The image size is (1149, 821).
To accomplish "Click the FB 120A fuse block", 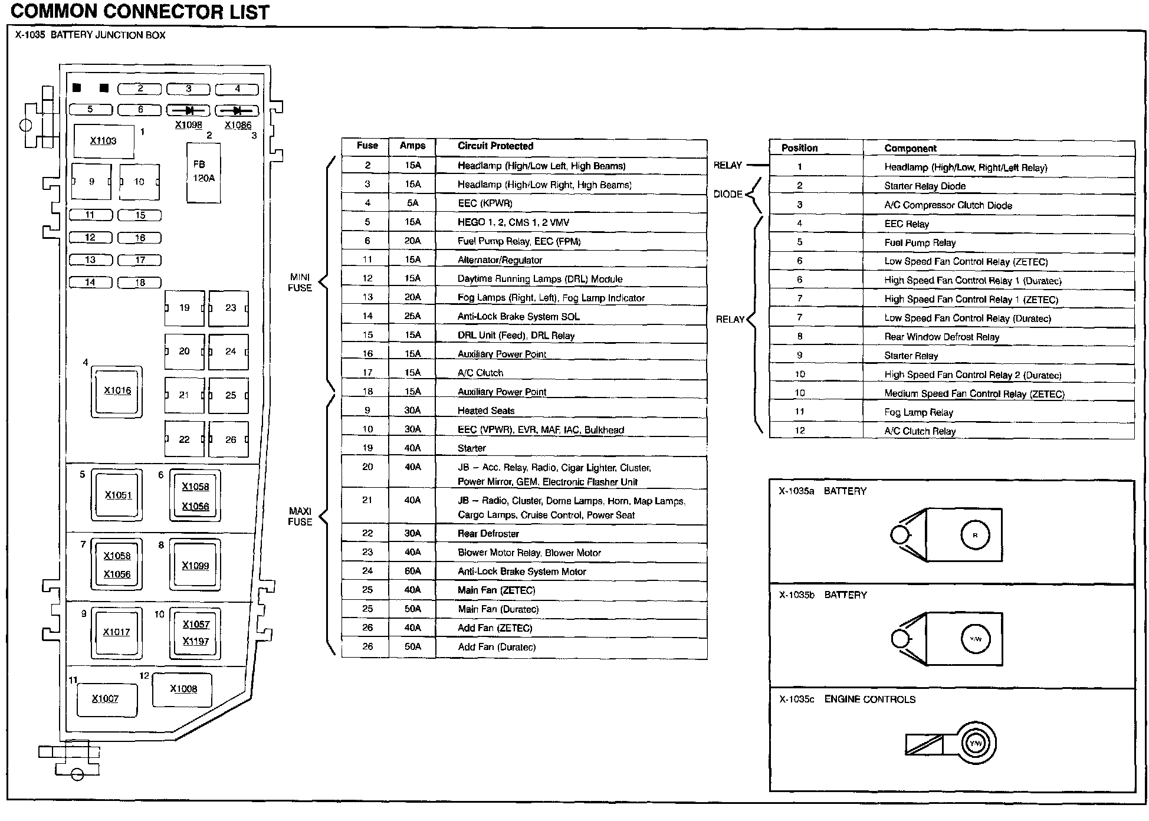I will pos(203,172).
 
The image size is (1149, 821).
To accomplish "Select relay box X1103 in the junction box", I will pos(104,141).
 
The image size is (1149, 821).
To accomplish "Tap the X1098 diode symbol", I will pos(188,110).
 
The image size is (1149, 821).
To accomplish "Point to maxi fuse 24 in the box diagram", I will pos(229,352).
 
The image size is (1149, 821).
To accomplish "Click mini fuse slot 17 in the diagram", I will pos(140,260).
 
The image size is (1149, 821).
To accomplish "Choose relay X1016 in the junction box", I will pos(117,391).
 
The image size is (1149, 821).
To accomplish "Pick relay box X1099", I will pos(195,566).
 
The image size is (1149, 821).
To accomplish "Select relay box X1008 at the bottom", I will pos(183,689).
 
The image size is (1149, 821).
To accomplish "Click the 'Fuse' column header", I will pos(367,146).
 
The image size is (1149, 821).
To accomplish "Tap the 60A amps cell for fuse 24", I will pos(412,571).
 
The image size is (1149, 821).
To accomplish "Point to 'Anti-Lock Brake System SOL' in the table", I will pos(518,317).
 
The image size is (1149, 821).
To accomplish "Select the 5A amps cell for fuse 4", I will pos(412,203).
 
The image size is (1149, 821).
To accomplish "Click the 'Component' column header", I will pos(910,148).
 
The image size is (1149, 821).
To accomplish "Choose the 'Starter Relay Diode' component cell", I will pos(924,186).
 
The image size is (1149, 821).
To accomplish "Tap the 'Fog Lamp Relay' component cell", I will pos(918,412).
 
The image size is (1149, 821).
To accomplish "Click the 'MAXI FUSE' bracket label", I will pos(300,517).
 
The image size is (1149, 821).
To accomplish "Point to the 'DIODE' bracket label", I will pos(727,194).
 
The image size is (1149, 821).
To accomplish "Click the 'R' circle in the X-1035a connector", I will pos(975,536).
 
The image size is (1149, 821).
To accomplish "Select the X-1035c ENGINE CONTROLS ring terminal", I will pos(976,743).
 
